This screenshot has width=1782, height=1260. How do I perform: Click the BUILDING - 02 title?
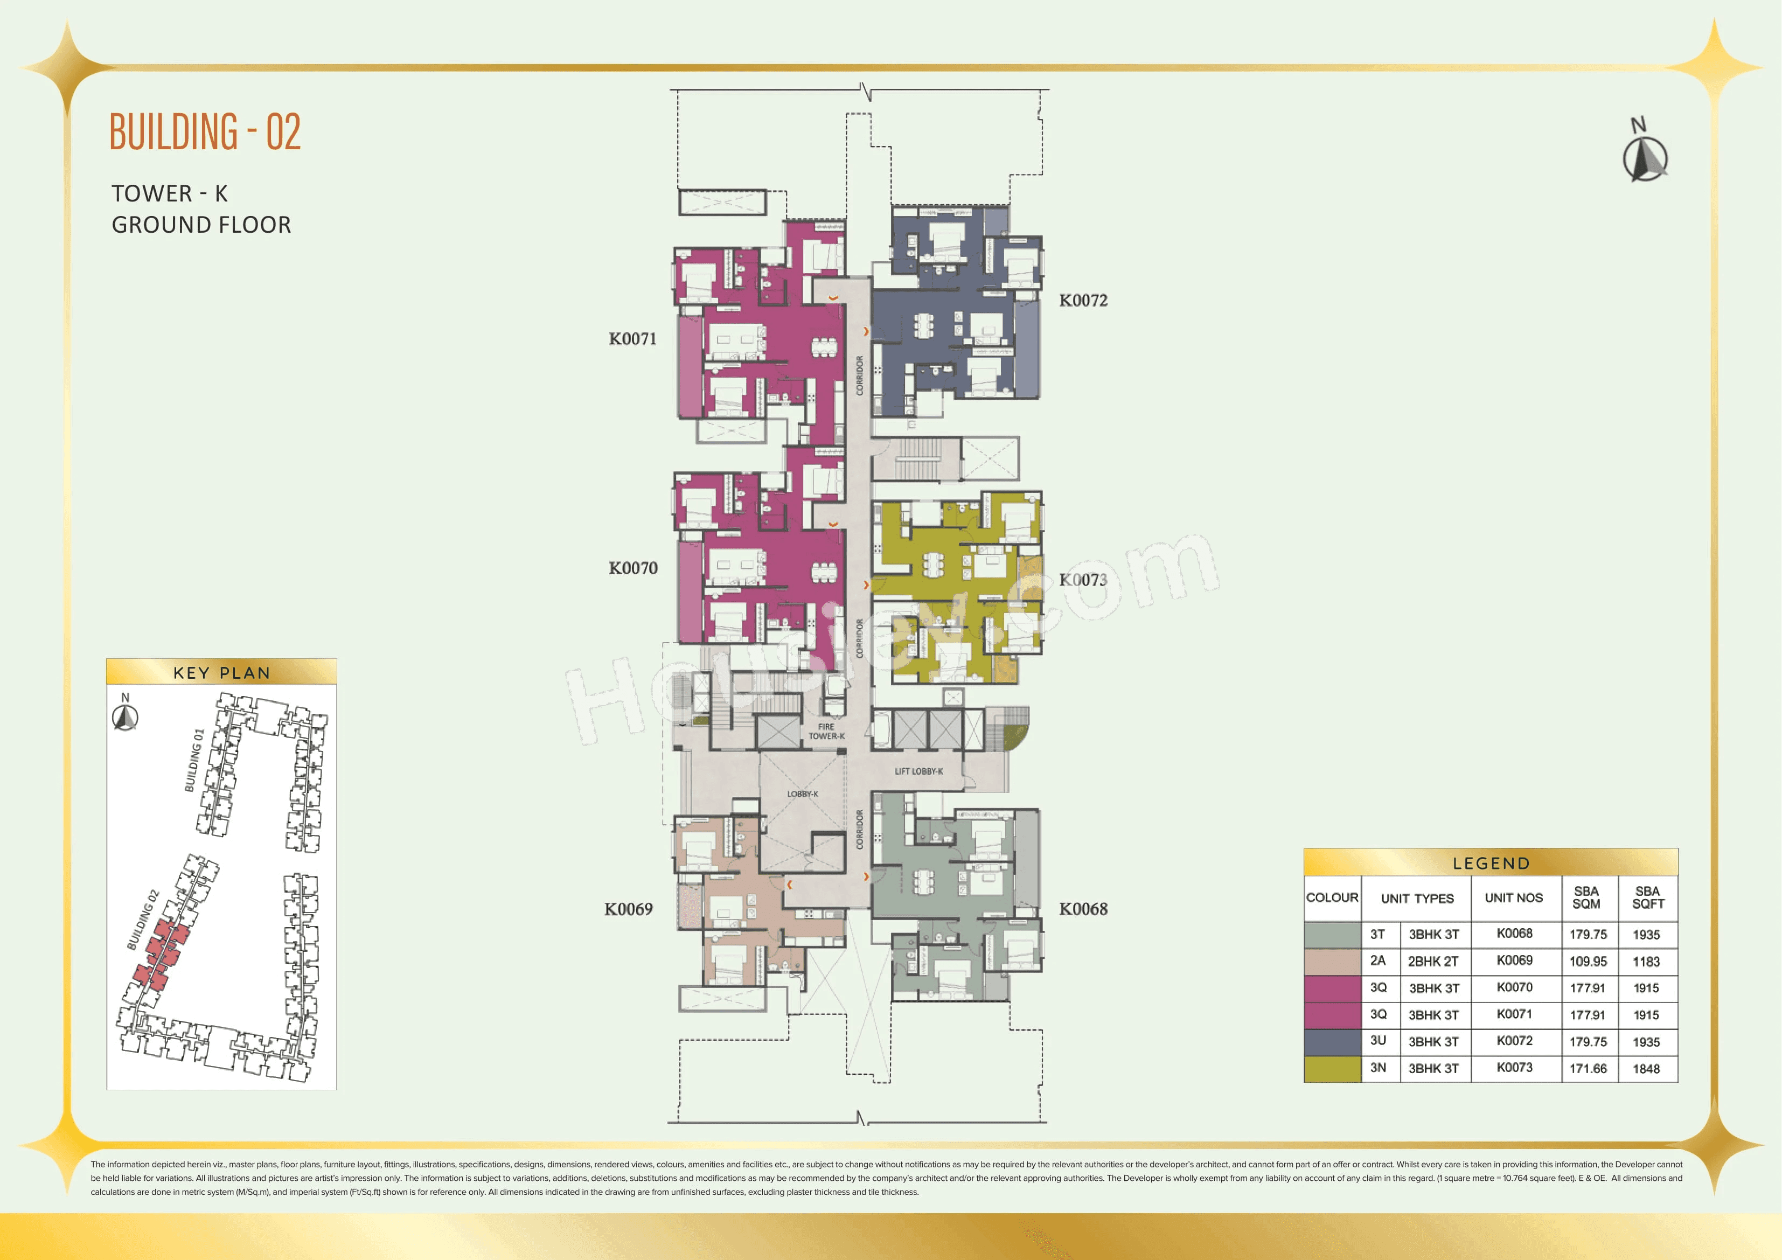(x=205, y=132)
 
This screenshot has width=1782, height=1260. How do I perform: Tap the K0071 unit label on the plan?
(x=632, y=339)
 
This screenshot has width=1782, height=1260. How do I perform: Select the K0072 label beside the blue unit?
(x=1083, y=301)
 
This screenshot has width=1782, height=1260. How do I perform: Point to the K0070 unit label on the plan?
(x=632, y=568)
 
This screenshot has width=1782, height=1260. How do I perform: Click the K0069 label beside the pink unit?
(x=629, y=909)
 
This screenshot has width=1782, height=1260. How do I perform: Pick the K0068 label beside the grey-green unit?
(x=1083, y=909)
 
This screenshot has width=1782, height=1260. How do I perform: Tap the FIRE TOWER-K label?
(x=826, y=732)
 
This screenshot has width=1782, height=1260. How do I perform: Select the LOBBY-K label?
(x=803, y=794)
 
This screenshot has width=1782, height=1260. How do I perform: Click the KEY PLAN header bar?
(x=221, y=672)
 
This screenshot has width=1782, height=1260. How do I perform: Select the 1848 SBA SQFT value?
(x=1646, y=1069)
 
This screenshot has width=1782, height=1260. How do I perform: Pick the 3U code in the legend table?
(x=1377, y=1041)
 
